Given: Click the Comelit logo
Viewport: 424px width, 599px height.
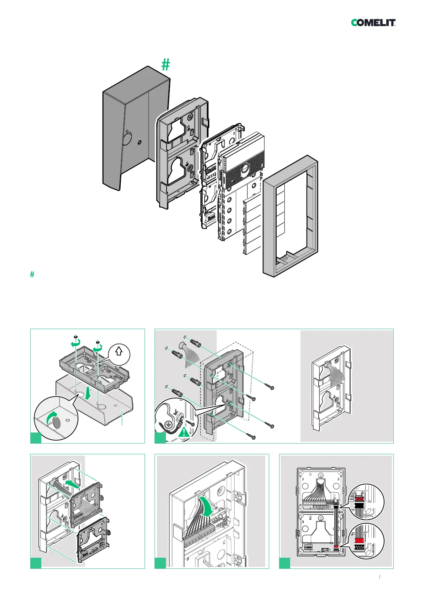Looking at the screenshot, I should (373, 23).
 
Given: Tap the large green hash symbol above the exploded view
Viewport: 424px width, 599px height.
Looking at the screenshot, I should (166, 65).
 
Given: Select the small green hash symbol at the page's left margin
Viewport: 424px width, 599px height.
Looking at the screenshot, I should (32, 274).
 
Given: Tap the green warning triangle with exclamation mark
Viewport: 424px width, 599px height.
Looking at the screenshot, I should (184, 433).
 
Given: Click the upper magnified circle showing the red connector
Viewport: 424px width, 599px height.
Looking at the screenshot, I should (365, 502).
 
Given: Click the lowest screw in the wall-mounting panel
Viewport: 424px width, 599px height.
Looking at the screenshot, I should (253, 437).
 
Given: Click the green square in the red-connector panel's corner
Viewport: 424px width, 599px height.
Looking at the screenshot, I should (284, 563).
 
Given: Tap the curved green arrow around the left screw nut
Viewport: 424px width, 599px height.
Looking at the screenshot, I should (74, 343).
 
